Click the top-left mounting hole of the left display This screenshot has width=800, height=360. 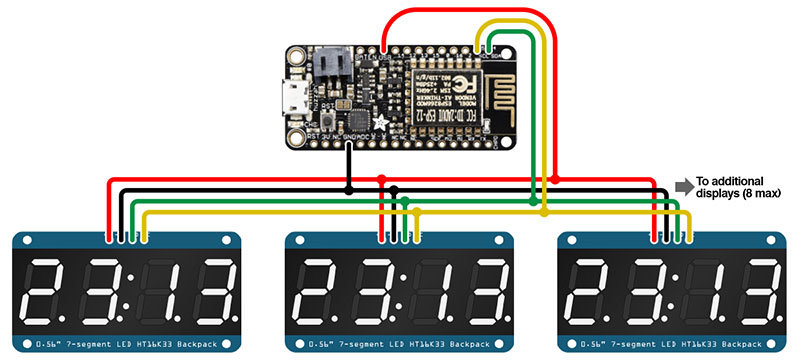pyautogui.click(x=25, y=241)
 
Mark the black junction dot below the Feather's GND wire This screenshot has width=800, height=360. pyautogui.click(x=348, y=188)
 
